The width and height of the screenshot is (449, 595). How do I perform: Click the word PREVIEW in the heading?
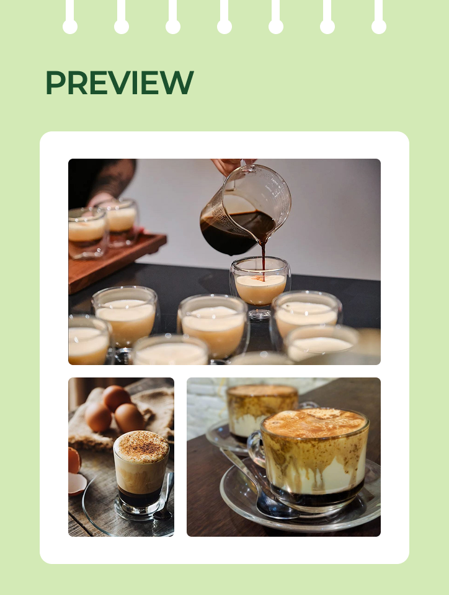point(120,82)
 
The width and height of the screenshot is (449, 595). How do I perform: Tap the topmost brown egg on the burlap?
point(116,398)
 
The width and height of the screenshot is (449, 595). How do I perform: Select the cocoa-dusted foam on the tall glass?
point(141,447)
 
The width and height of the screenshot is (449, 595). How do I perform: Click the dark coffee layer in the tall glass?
point(139,497)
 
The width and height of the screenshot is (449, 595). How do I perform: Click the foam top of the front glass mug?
point(315,422)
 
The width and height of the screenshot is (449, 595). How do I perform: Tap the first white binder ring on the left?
point(70,17)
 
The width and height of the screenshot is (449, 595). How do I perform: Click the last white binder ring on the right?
point(379,17)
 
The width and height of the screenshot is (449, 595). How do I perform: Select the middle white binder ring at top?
point(225,17)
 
